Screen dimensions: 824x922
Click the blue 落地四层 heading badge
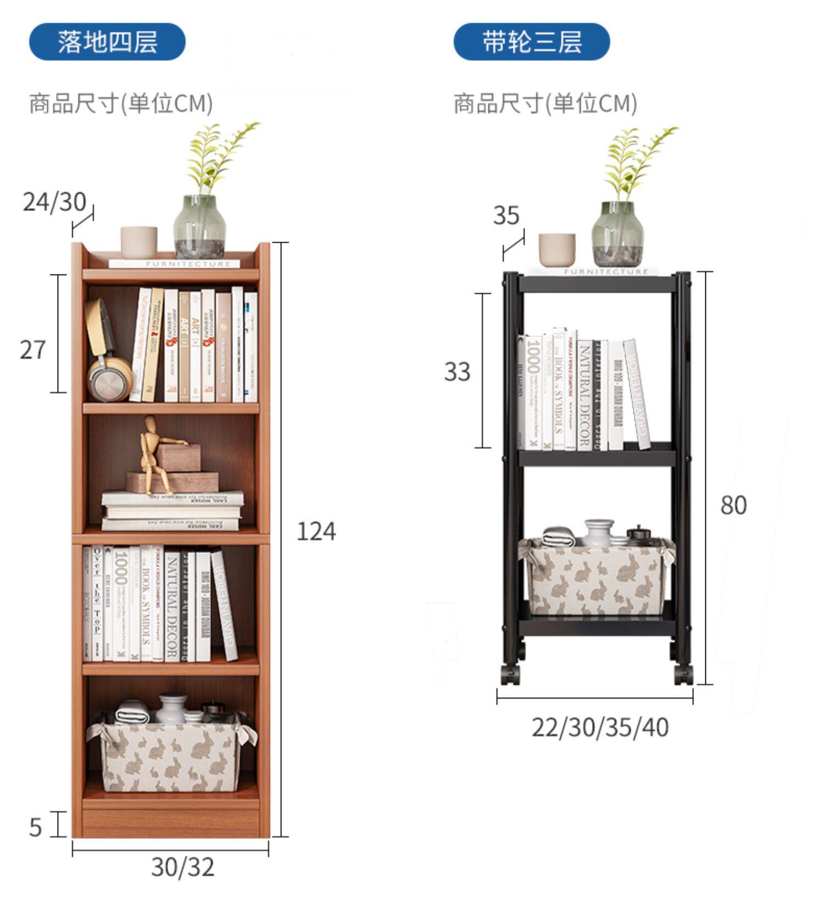point(107,42)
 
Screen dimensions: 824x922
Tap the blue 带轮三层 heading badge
point(531,42)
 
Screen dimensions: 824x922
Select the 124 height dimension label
point(316,531)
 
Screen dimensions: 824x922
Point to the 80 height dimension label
point(733,505)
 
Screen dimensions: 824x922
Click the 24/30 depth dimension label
point(54,202)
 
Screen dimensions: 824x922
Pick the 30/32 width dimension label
point(182,867)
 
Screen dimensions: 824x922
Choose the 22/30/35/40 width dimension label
point(600,727)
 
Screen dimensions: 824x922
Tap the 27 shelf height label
point(32,350)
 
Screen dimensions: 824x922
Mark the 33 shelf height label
point(457,372)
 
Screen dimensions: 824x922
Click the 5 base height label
point(35,827)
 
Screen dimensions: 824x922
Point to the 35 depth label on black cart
point(506,215)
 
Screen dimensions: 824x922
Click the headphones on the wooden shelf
point(107,351)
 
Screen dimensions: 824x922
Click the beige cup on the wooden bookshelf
point(139,242)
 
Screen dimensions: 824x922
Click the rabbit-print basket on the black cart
point(598,577)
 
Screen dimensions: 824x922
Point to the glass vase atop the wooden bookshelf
point(199,226)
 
